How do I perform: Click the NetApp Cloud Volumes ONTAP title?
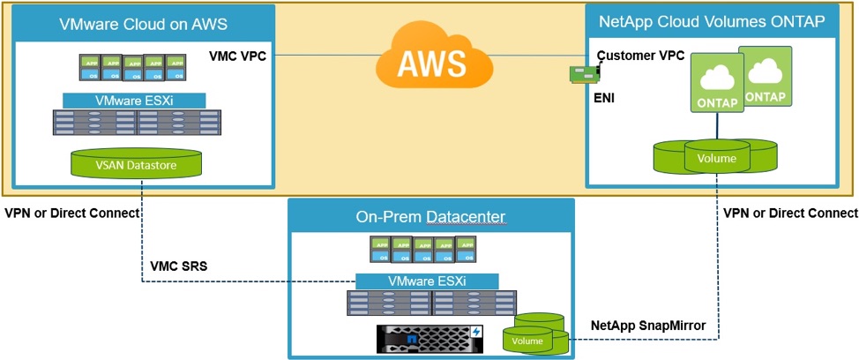[x=712, y=21]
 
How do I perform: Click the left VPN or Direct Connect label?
[x=72, y=213]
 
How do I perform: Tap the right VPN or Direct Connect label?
[x=790, y=213]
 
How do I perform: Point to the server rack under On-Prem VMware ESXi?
[x=429, y=304]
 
